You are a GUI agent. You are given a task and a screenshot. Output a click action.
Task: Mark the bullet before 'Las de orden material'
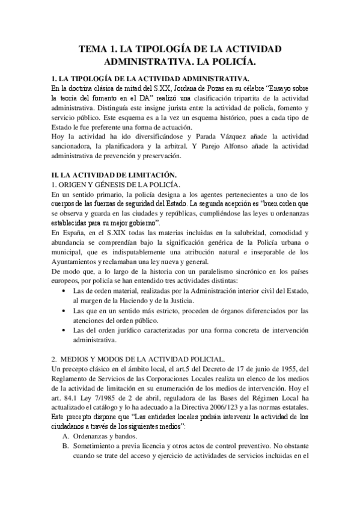pyautogui.click(x=64, y=290)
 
